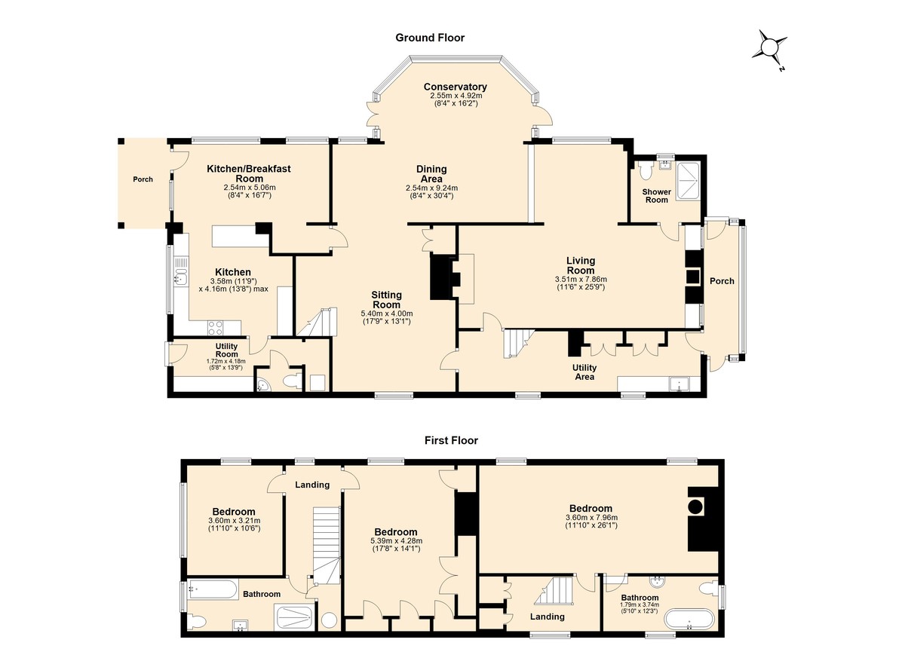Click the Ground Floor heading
(x=430, y=38)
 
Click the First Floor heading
(x=451, y=440)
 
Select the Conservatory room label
(x=456, y=87)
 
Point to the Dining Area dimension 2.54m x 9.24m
(x=432, y=188)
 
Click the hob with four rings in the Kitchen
(x=215, y=327)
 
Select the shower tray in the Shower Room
(x=688, y=182)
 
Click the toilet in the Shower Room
(x=646, y=170)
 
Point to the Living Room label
(x=581, y=265)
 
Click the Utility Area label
(x=584, y=372)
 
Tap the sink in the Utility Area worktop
(x=679, y=384)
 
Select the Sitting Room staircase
(x=318, y=322)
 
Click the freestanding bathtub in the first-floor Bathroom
(x=689, y=619)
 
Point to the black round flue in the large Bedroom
(x=695, y=507)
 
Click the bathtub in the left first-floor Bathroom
(x=212, y=589)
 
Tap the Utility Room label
(x=227, y=350)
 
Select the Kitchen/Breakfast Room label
(x=249, y=173)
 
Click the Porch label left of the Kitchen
(x=143, y=179)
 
